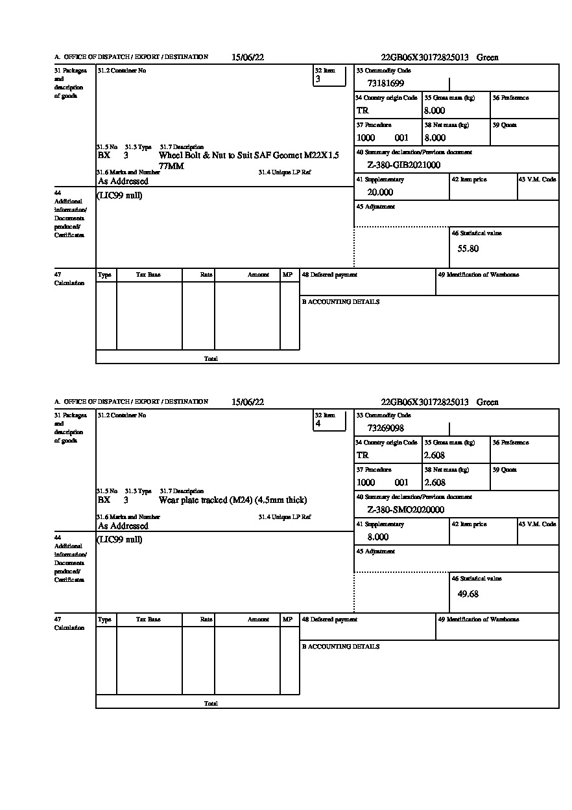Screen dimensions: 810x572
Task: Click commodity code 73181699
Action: coord(385,84)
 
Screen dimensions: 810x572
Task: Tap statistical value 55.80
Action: coord(468,249)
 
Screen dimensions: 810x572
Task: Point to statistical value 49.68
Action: coord(468,594)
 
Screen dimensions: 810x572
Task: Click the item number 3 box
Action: coord(329,76)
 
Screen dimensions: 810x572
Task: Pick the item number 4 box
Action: coord(329,421)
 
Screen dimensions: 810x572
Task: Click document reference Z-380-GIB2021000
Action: coord(403,165)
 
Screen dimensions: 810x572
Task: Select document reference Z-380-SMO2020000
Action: coord(405,510)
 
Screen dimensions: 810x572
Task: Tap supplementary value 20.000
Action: coord(380,192)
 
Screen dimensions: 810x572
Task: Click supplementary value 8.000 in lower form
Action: coord(378,537)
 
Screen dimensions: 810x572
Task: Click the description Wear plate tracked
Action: coord(233,500)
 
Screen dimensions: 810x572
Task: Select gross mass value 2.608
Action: coord(435,456)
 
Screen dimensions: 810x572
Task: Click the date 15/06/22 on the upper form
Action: coord(248,57)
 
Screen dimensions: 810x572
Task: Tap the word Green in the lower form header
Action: coord(488,402)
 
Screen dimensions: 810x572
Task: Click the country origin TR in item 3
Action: coord(363,111)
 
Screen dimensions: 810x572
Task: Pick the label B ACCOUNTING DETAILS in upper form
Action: coord(340,302)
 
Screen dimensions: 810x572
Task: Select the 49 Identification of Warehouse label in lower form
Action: coord(479,619)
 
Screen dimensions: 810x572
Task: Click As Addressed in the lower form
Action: coord(123,526)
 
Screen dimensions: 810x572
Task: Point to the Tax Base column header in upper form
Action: coord(149,275)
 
